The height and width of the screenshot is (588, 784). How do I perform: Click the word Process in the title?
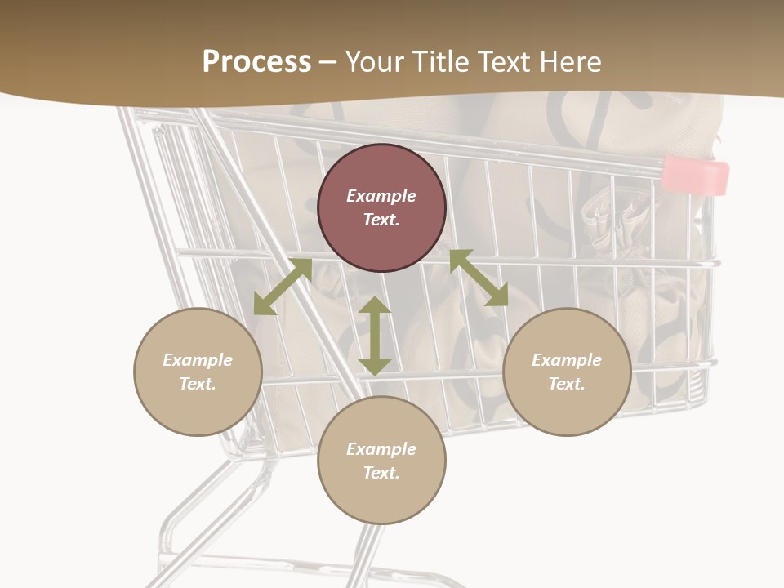point(256,62)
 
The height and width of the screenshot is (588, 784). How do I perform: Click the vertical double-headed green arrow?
point(375,336)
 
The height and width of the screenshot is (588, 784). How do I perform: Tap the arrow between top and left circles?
point(283,287)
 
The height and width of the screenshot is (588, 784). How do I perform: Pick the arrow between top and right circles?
point(479,278)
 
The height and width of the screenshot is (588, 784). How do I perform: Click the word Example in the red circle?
point(381,196)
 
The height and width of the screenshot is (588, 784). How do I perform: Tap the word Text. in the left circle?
point(198,384)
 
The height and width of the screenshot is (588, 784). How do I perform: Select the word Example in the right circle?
point(567,360)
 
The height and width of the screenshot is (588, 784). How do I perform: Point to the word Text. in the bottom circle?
point(381,473)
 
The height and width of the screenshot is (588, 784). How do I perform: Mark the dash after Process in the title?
point(328,62)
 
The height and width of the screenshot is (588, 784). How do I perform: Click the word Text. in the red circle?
point(381,220)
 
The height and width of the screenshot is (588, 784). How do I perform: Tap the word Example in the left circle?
point(198,360)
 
